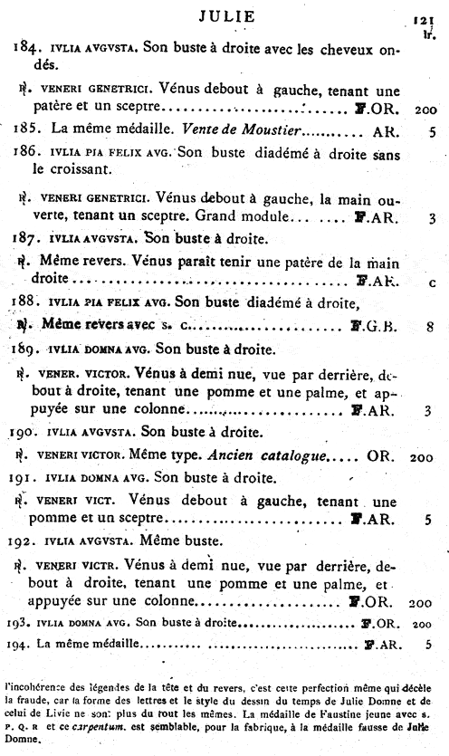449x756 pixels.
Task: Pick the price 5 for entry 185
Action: [x=433, y=130]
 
